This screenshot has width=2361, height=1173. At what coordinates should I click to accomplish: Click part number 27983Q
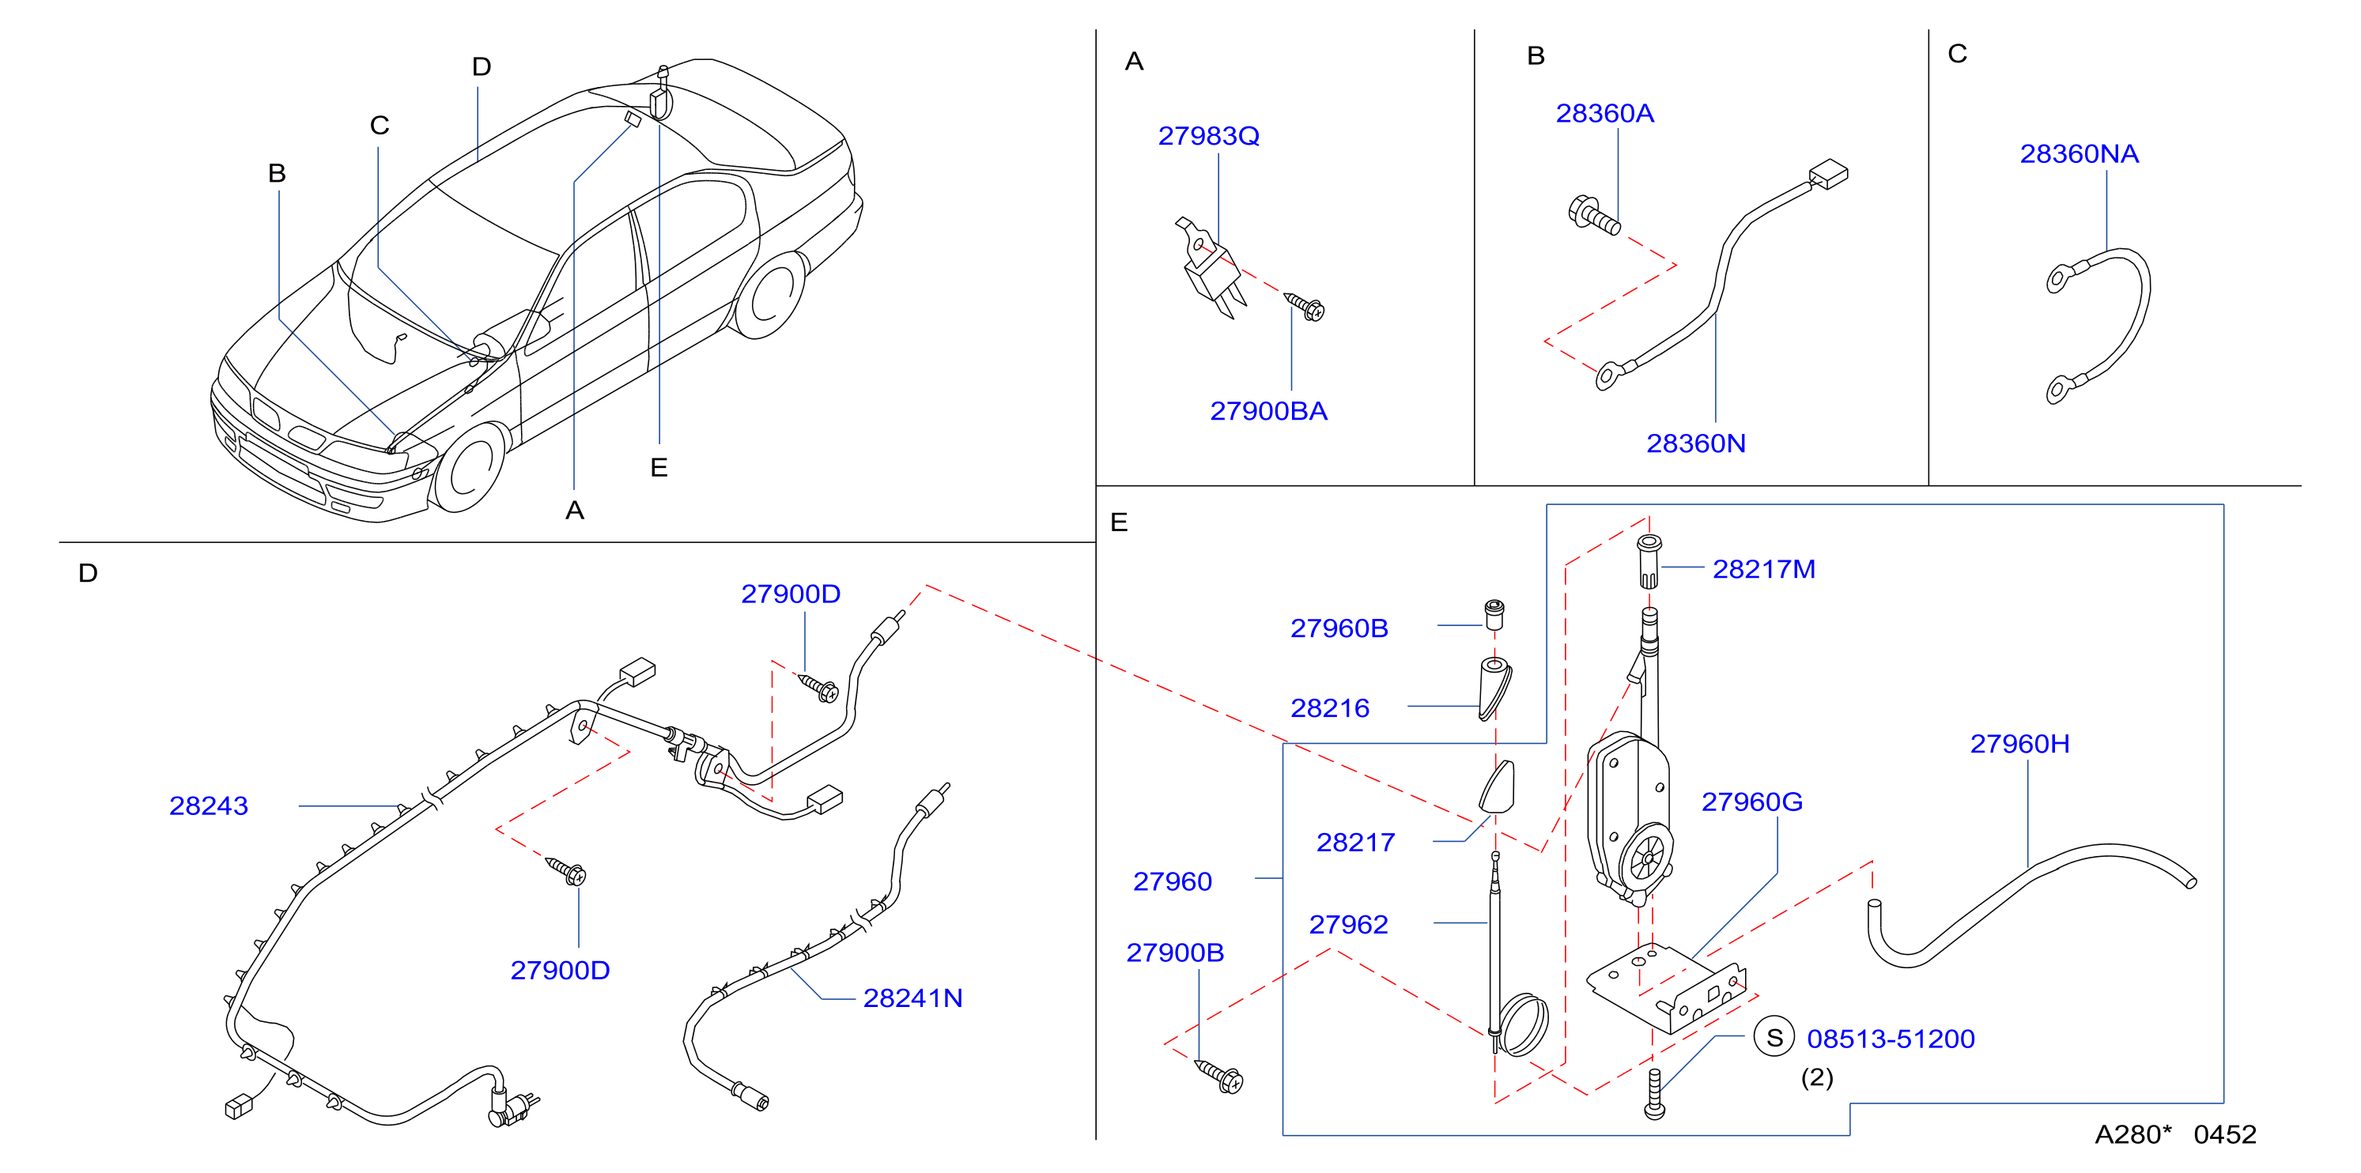[x=1208, y=136]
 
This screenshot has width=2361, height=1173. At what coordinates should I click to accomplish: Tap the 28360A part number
[x=1605, y=114]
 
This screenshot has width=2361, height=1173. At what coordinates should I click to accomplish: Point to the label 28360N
[x=1695, y=443]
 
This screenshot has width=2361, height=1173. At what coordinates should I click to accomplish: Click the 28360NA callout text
[x=2079, y=154]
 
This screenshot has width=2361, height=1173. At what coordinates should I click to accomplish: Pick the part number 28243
[x=208, y=805]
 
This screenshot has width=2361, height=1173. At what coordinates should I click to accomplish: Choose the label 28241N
[x=913, y=998]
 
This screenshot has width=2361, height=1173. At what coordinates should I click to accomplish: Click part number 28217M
[x=1763, y=569]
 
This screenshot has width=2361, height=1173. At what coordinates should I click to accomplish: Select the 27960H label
[x=2020, y=743]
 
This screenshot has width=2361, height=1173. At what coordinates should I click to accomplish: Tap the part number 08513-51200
[x=1890, y=1039]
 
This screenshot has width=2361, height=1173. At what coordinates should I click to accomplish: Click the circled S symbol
[x=1774, y=1037]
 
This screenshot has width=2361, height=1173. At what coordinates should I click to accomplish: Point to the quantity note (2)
[x=1816, y=1077]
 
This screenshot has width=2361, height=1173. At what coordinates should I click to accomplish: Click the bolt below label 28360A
[x=1594, y=214]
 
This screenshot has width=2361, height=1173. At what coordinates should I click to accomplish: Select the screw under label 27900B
[x=1219, y=1076]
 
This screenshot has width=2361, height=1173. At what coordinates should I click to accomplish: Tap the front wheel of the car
[x=469, y=470]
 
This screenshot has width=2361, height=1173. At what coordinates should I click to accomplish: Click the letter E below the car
[x=658, y=467]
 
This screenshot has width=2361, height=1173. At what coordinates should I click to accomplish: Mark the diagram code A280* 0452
[x=2175, y=1134]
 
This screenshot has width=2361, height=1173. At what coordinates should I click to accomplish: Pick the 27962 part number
[x=1348, y=925]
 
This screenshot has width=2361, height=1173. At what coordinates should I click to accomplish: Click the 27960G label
[x=1751, y=801]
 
